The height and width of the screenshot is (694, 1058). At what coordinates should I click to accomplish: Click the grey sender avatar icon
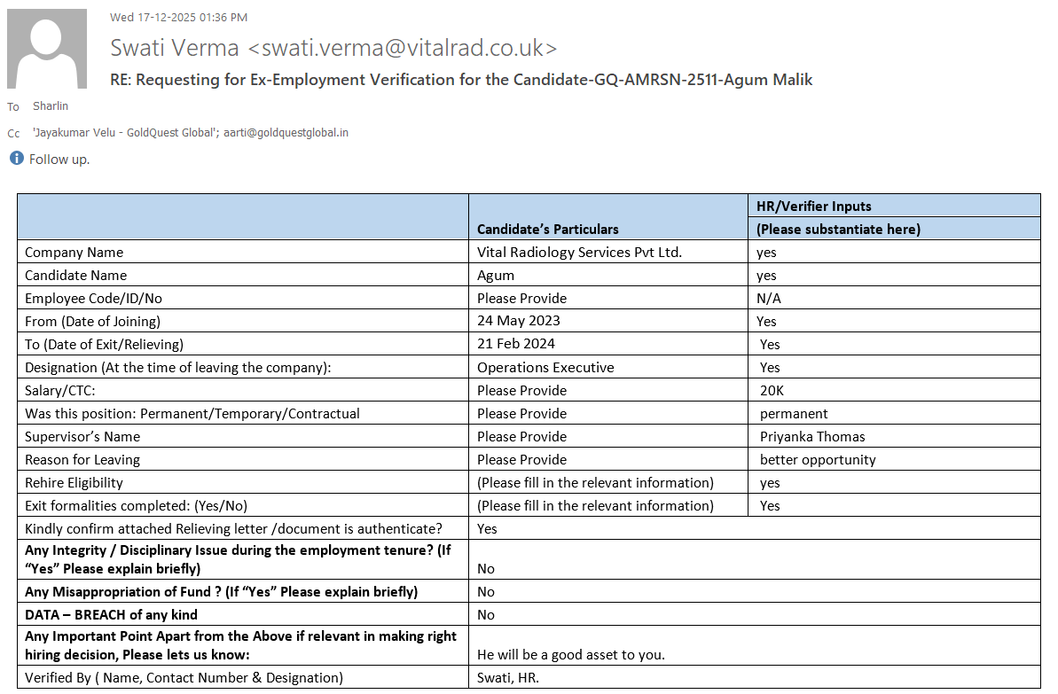[47, 49]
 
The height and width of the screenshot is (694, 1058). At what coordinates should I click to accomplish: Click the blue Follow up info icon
[16, 159]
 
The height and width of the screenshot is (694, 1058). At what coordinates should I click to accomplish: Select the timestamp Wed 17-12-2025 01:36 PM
[178, 17]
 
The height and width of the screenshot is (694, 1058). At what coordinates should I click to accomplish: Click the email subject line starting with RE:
[461, 80]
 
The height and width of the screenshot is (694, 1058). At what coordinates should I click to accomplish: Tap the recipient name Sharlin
[51, 106]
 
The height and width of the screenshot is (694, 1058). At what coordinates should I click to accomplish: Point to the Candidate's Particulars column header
[548, 230]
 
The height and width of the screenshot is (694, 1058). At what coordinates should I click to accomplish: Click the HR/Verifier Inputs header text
[813, 207]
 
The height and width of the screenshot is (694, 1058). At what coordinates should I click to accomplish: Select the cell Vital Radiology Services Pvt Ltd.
[579, 253]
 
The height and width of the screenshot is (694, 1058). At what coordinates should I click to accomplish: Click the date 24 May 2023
[519, 321]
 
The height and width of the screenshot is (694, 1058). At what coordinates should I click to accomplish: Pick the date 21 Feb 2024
[516, 344]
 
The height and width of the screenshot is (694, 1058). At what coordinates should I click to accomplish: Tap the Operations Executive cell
[545, 367]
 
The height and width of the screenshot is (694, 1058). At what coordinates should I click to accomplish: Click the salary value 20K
[772, 390]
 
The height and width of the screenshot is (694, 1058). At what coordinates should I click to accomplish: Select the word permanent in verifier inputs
[794, 413]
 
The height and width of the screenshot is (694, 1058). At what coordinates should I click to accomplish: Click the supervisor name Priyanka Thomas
[812, 436]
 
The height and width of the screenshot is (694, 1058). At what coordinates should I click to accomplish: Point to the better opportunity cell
[818, 459]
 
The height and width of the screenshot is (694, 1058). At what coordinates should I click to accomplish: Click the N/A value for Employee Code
[769, 298]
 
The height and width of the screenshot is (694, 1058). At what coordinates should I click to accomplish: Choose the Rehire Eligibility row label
[74, 482]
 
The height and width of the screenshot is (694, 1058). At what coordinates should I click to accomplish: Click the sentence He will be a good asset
[571, 655]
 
